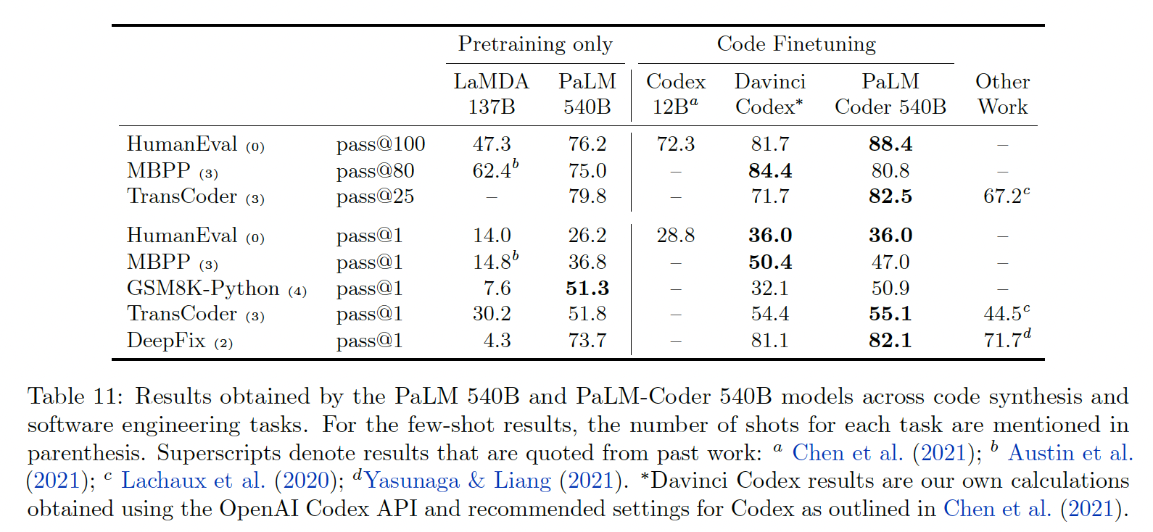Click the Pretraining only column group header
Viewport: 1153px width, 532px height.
click(x=535, y=44)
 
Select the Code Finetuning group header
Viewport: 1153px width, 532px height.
click(x=796, y=44)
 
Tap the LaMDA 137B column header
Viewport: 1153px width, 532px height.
click(x=492, y=94)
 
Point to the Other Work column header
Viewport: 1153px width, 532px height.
click(x=1002, y=94)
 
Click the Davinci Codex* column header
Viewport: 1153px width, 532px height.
click(x=769, y=94)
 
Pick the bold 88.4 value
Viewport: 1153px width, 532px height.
click(x=890, y=144)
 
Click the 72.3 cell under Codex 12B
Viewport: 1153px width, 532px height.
click(x=675, y=144)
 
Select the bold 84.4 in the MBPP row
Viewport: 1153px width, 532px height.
click(x=770, y=171)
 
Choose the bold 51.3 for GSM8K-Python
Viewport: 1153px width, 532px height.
click(x=587, y=288)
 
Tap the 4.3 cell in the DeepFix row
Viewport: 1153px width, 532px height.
click(x=497, y=341)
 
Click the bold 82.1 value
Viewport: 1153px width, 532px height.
click(x=890, y=341)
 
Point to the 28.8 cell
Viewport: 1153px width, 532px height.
click(x=675, y=236)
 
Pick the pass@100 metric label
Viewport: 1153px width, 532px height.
click(x=381, y=144)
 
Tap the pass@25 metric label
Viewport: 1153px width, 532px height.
click(x=375, y=196)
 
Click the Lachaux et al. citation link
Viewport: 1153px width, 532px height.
click(x=193, y=481)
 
